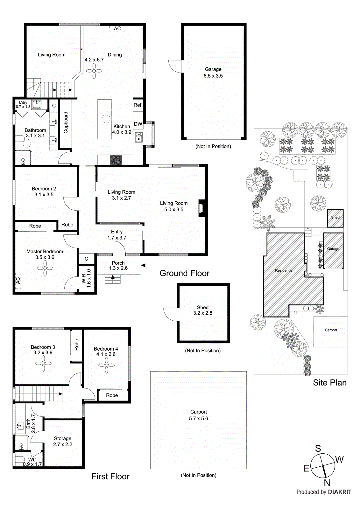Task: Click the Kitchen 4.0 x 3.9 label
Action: (122, 129)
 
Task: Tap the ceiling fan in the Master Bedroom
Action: (45, 268)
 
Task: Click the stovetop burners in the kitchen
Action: (116, 160)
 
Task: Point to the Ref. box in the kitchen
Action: (138, 105)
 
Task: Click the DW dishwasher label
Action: (138, 124)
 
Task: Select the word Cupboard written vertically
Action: (66, 122)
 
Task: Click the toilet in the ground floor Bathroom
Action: (20, 139)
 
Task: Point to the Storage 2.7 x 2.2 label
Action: (63, 441)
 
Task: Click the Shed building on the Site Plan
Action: (335, 218)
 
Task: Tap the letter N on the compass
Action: (327, 483)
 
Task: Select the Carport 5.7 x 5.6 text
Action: (199, 415)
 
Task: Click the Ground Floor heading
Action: (184, 273)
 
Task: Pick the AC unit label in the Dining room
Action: (117, 29)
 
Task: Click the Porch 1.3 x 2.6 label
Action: (118, 266)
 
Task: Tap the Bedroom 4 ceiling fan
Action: (106, 366)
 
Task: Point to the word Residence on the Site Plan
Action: (283, 270)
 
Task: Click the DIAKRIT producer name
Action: (339, 492)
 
